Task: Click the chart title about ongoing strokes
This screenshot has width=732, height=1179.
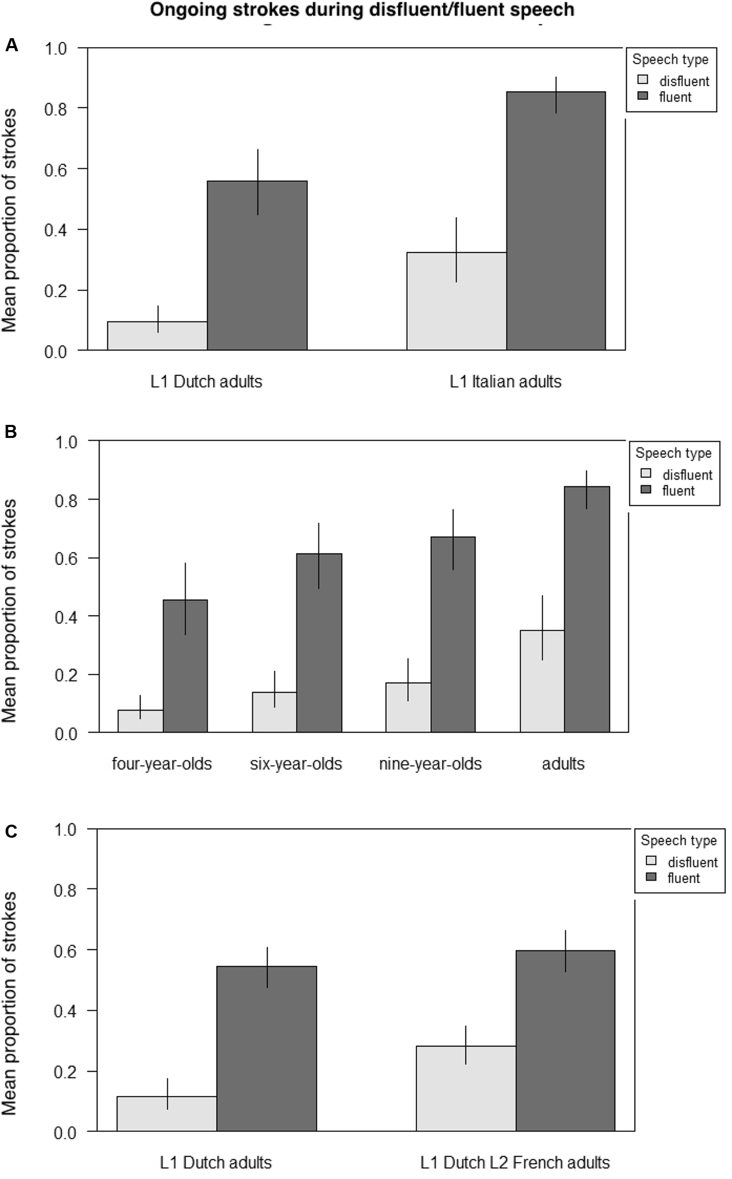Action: pos(362,9)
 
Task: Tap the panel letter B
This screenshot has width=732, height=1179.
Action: pos(11,432)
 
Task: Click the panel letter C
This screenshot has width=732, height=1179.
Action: pos(11,831)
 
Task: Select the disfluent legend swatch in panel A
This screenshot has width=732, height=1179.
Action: pos(643,80)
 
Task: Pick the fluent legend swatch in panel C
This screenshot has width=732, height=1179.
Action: pos(651,877)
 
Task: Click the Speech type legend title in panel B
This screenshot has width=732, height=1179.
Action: pos(673,453)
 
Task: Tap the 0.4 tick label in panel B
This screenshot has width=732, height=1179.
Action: pos(66,617)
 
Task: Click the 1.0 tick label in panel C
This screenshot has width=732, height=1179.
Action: pos(65,830)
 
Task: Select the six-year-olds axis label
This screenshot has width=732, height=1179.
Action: pos(296,764)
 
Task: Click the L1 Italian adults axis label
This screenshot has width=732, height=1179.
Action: pos(505,382)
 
